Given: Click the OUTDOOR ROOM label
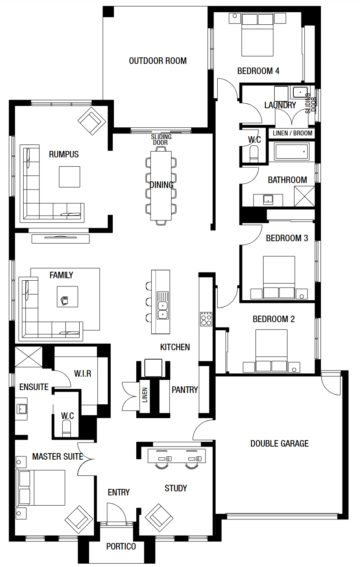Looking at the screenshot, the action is pos(158,61).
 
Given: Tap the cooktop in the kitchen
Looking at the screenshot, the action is pos(206,319).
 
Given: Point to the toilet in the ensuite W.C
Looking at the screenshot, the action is pos(67,428).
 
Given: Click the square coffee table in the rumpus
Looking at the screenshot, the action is pos(70,177).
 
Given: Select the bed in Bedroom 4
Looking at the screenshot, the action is pos(257,35).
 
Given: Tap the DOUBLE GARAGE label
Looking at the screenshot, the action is pos(279,443).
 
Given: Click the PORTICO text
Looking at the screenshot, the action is pos(121,547).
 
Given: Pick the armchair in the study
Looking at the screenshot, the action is pos(159,518).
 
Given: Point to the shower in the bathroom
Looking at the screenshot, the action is pos(305,196).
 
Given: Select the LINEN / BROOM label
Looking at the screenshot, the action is pos(292,133).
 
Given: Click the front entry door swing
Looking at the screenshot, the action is pos(116,512).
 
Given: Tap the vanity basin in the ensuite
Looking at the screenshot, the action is pos(22,408).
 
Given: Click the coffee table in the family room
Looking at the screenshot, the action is pos(68,297).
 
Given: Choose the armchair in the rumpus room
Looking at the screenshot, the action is pos(92,121).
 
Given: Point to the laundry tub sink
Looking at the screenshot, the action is pos(300,92).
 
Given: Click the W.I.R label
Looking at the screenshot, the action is pos(83,373).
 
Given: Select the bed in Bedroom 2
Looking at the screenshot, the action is pos(271,351).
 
